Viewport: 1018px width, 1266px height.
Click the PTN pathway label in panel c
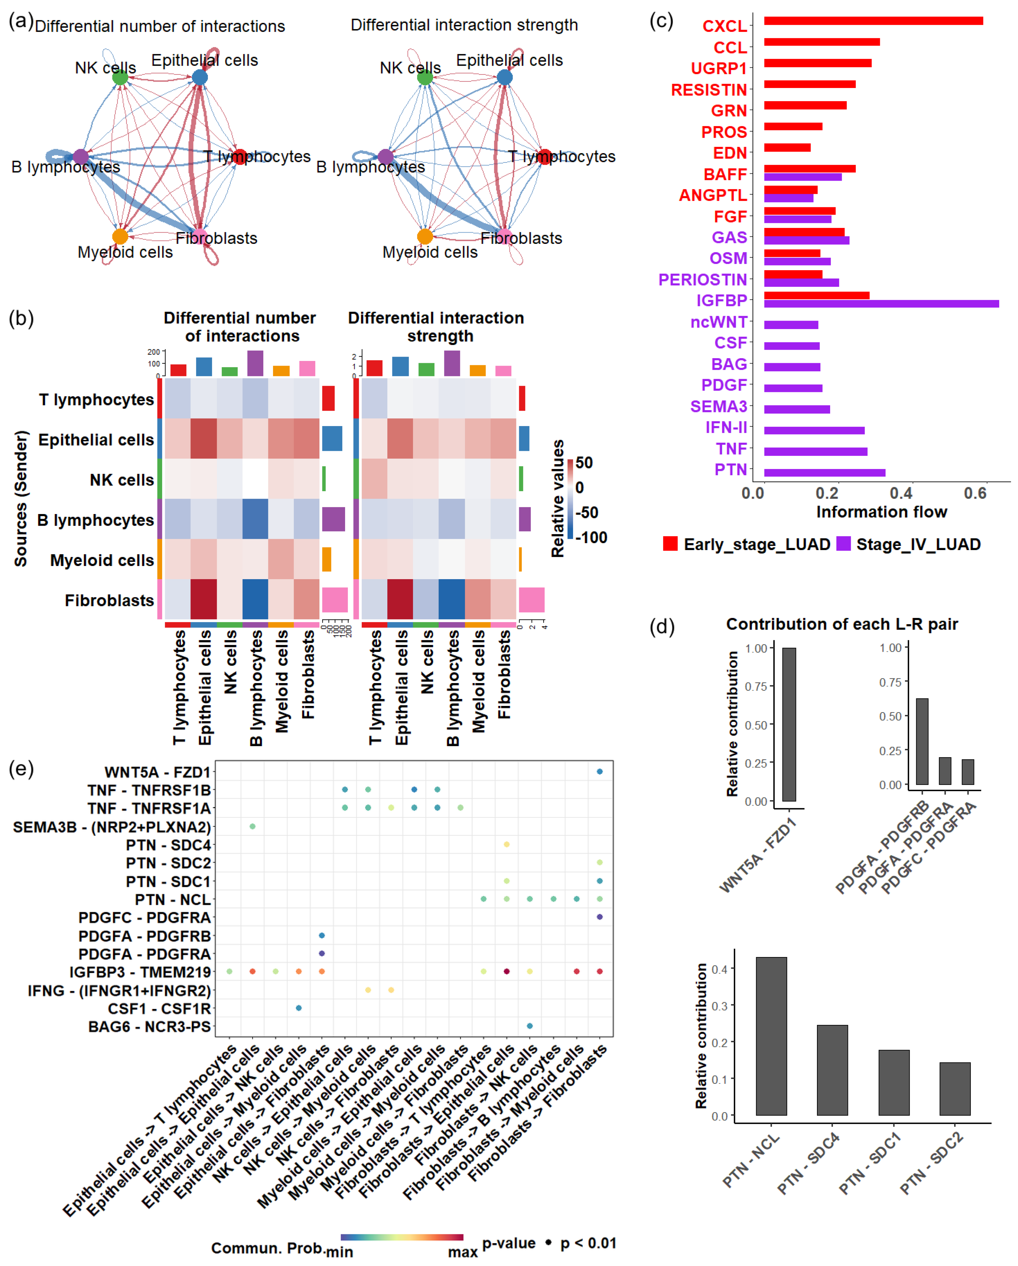pyautogui.click(x=730, y=470)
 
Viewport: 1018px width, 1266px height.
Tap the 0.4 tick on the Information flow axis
pyautogui.click(x=901, y=493)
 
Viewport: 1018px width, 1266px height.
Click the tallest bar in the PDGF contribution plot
pyautogui.click(x=922, y=741)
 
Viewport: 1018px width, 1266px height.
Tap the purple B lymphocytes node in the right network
pyautogui.click(x=385, y=157)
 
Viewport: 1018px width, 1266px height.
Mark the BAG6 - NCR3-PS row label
pyautogui.click(x=149, y=1027)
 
